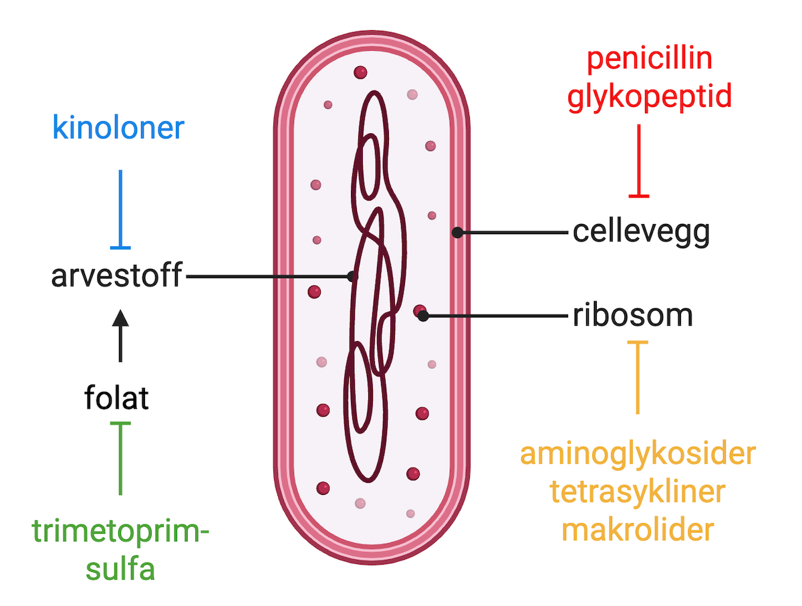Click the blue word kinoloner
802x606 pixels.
[118, 127]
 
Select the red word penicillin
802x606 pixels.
[649, 60]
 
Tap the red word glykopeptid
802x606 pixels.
[649, 96]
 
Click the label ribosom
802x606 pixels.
[632, 316]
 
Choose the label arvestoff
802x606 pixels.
[117, 276]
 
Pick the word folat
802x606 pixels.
[116, 399]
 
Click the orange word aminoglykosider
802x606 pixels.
[638, 454]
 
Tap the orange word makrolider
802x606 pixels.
[638, 530]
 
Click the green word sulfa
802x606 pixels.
[120, 570]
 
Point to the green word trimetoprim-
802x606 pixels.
[120, 533]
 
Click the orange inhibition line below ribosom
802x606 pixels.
[638, 377]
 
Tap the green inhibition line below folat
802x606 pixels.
[120, 458]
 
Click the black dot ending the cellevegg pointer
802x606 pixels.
[457, 233]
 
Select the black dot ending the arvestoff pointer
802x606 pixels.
[352, 276]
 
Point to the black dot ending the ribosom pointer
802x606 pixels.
[423, 316]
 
